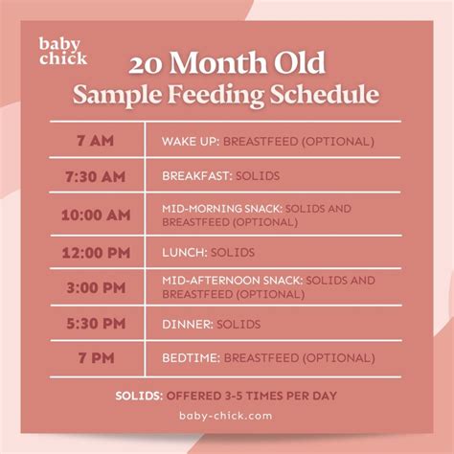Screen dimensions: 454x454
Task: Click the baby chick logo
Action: click(x=63, y=51)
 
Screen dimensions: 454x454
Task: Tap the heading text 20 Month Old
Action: click(x=227, y=64)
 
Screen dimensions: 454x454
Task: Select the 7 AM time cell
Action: click(x=98, y=141)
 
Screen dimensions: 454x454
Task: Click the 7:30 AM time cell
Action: click(x=98, y=178)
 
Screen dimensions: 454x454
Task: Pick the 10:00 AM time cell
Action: click(x=98, y=215)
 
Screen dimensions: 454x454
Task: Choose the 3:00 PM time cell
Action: click(x=98, y=287)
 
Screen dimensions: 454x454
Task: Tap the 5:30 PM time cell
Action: click(x=98, y=324)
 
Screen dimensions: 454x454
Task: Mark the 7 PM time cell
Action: click(x=98, y=358)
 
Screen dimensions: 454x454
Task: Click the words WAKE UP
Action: click(x=189, y=142)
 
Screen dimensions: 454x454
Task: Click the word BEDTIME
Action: click(x=191, y=359)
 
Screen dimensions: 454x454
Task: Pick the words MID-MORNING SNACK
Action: click(x=222, y=208)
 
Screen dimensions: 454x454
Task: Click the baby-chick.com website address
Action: click(x=227, y=416)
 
